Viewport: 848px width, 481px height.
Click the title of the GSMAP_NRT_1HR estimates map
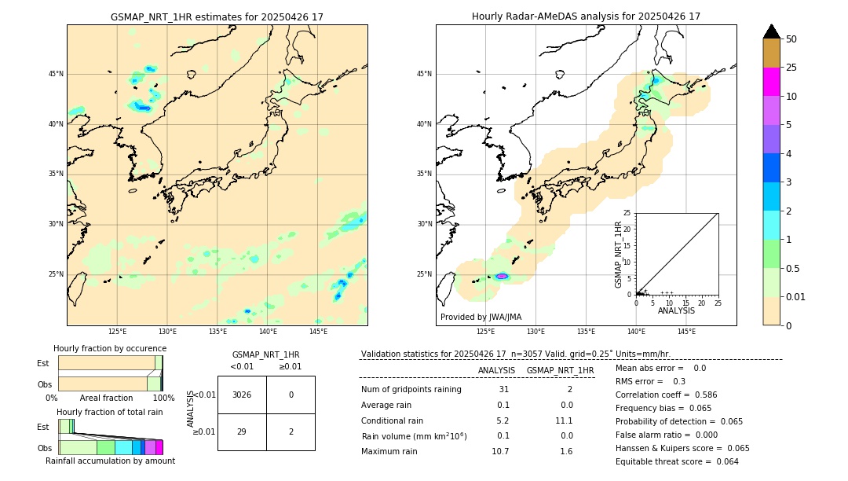pos(217,17)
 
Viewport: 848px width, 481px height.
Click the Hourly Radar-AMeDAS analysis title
pos(586,17)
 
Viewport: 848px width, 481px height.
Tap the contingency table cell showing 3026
pos(242,395)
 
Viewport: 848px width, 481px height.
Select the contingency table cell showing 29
pos(242,431)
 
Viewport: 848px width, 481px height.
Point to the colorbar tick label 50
pos(791,39)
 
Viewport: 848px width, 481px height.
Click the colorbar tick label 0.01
pos(796,296)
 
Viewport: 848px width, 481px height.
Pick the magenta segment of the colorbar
pos(771,82)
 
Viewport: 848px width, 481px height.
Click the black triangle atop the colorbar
pos(771,31)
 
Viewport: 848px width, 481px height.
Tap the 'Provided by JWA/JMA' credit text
pos(481,317)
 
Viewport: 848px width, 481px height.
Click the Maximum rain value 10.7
pos(500,451)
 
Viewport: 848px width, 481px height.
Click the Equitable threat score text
pos(677,461)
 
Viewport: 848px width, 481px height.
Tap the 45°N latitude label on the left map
pos(56,74)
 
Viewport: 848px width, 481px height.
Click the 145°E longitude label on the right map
pos(686,332)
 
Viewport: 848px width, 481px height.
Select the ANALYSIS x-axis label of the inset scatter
pos(676,310)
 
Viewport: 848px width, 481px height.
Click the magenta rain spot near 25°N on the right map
pos(502,276)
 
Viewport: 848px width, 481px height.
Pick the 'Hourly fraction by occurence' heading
pos(110,348)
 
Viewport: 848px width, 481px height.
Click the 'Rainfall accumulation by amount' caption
pos(110,461)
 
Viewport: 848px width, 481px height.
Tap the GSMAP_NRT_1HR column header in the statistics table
pos(560,370)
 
